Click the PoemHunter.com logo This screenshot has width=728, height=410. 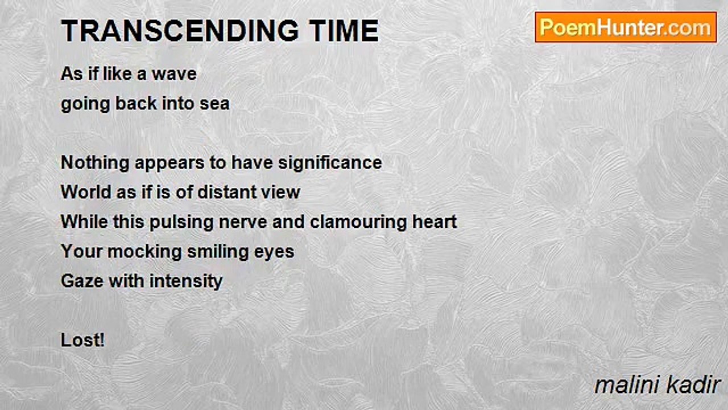[626, 27]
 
